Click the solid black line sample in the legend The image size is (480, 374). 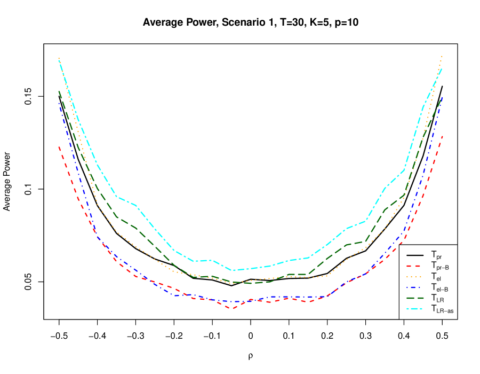(x=415, y=254)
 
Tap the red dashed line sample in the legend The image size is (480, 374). (x=415, y=266)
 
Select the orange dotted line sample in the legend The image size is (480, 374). (x=415, y=276)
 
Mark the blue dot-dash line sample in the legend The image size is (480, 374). (x=415, y=287)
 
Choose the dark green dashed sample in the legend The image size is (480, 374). (x=415, y=298)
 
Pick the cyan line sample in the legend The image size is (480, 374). (x=415, y=309)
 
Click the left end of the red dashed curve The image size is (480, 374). (x=59, y=146)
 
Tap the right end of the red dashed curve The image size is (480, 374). (x=443, y=136)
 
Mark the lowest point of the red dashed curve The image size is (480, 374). (x=233, y=308)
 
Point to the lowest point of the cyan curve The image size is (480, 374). (x=233, y=270)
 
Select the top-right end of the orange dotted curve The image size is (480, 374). (x=442, y=56)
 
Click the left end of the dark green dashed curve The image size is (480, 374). (x=59, y=91)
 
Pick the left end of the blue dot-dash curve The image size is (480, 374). (x=59, y=102)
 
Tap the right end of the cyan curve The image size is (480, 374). (x=442, y=68)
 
